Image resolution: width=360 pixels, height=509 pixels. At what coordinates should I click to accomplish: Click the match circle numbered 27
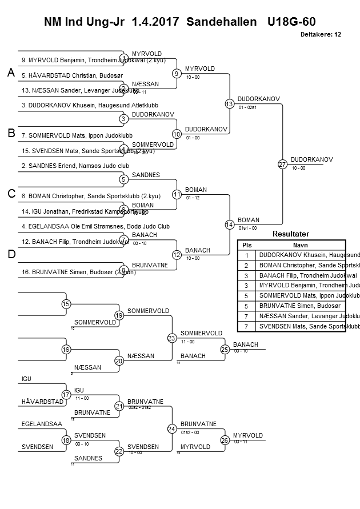click(x=282, y=165)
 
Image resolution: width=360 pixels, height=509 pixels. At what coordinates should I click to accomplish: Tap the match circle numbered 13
click(x=229, y=104)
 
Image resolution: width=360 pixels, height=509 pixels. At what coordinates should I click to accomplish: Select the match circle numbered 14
click(x=229, y=225)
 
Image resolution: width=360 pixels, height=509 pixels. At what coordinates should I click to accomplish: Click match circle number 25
click(x=225, y=349)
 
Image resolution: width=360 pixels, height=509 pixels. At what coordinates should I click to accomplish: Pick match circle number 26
click(x=225, y=440)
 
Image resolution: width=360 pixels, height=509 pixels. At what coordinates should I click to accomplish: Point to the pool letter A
click(x=11, y=73)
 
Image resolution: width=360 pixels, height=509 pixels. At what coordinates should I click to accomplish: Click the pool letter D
click(x=11, y=255)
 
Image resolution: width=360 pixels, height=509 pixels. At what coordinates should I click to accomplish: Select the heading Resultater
click(x=291, y=234)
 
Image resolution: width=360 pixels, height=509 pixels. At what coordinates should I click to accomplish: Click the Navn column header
click(x=301, y=245)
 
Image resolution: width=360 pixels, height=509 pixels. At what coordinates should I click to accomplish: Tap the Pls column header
click(x=247, y=245)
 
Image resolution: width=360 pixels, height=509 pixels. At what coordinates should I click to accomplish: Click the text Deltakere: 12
click(x=321, y=34)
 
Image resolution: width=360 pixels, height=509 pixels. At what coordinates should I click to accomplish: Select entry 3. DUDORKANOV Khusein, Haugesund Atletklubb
click(x=90, y=105)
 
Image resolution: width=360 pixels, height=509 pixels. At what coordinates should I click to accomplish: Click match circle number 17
click(x=66, y=395)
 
